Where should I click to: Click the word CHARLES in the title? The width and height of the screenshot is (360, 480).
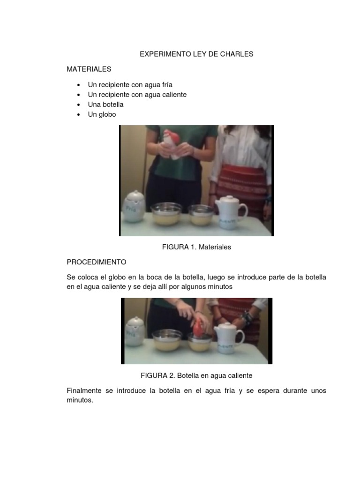click(x=237, y=54)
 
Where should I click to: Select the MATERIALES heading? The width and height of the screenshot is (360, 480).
click(x=89, y=69)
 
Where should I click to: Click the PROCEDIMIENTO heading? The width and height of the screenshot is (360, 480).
click(x=97, y=262)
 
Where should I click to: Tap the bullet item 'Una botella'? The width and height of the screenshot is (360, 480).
click(x=105, y=105)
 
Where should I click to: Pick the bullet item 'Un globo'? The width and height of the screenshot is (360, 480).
click(x=102, y=114)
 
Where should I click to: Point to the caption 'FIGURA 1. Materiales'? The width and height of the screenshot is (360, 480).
click(x=196, y=247)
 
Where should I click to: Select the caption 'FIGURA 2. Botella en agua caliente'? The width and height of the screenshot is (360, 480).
click(x=196, y=375)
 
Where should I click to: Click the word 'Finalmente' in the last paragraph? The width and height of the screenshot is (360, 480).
click(x=84, y=390)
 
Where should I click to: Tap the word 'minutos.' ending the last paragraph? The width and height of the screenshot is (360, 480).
click(x=80, y=401)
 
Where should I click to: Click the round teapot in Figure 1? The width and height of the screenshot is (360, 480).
click(x=134, y=208)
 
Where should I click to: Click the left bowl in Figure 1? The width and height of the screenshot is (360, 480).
click(x=166, y=213)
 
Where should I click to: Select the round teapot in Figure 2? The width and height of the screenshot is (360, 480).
click(x=135, y=331)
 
